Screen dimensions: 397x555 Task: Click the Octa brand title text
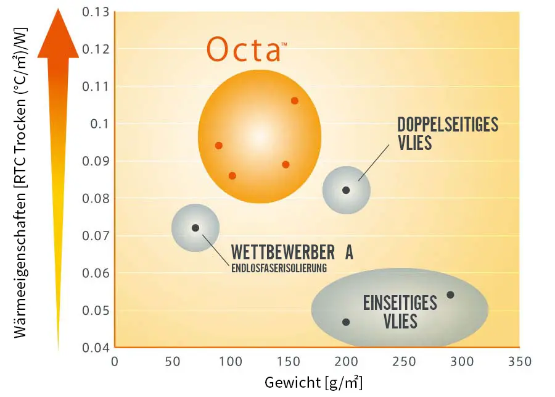[x=244, y=49]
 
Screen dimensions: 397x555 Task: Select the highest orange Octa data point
[x=294, y=101]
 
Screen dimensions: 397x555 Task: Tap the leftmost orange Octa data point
[x=218, y=146]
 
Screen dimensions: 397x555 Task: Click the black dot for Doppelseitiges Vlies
[x=346, y=190]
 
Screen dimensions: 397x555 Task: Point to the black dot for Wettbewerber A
[x=195, y=228]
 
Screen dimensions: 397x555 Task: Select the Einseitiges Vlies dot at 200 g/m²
[x=346, y=322]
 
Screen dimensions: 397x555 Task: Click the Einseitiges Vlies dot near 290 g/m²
[x=450, y=295]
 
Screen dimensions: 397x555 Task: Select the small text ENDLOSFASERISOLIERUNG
[x=278, y=268]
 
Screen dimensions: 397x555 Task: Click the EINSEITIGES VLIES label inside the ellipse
[x=400, y=312]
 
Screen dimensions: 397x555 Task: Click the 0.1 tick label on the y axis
[x=99, y=123]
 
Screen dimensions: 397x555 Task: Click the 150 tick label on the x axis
[x=287, y=362]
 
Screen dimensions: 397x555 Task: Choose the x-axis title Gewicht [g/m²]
[x=313, y=382]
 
